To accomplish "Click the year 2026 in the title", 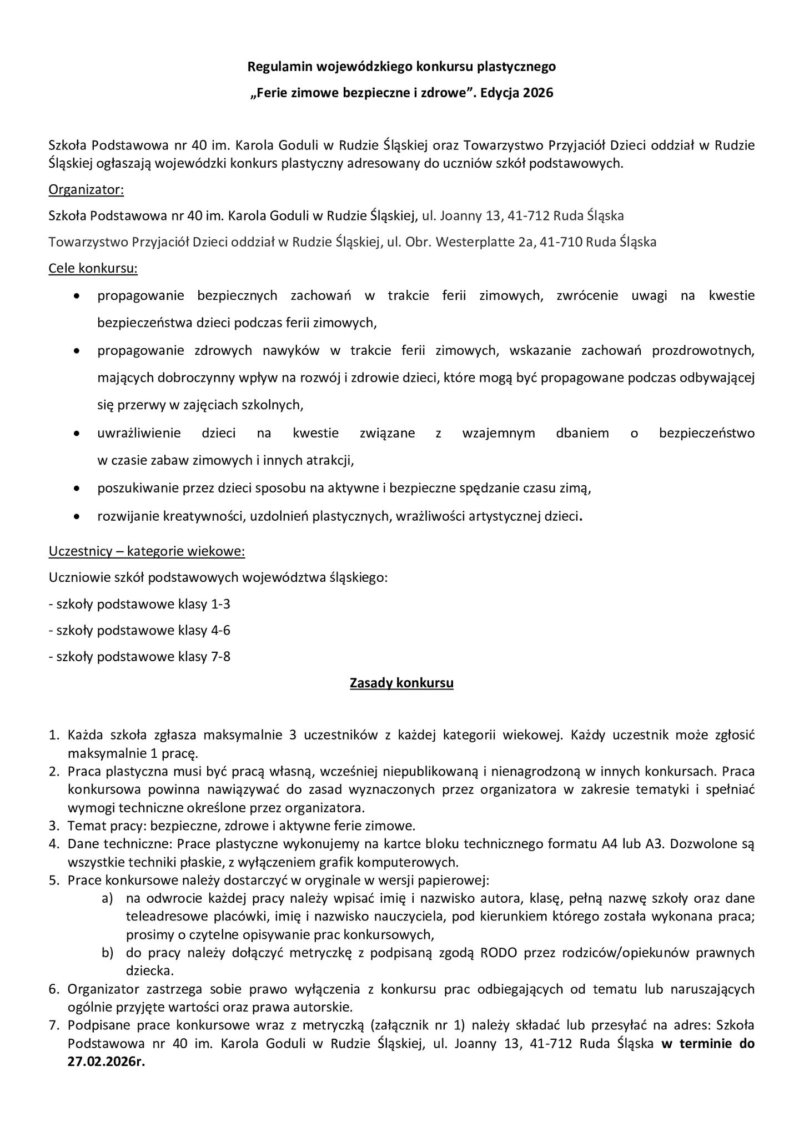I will tap(538, 93).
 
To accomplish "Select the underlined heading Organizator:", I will tap(86, 190).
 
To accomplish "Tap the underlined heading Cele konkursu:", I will tap(93, 269).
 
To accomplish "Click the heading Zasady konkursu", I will tap(401, 683).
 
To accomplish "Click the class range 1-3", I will tap(220, 604).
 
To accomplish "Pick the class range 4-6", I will tap(220, 631).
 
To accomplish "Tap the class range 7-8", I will tap(220, 657).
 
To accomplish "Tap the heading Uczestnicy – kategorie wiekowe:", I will tap(147, 552).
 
